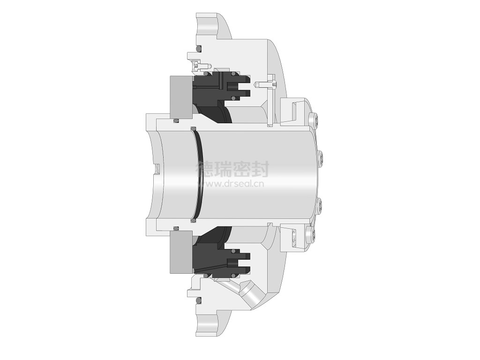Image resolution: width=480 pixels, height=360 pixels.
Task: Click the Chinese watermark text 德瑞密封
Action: click(x=232, y=169)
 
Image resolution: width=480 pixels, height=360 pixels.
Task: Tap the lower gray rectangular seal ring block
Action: click(x=181, y=252)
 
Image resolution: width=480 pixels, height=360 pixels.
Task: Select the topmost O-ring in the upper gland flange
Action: click(x=198, y=49)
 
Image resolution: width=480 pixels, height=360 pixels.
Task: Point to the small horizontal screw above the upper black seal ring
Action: click(x=201, y=66)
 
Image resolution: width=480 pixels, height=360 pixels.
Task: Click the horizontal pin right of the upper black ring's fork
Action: click(x=266, y=84)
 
